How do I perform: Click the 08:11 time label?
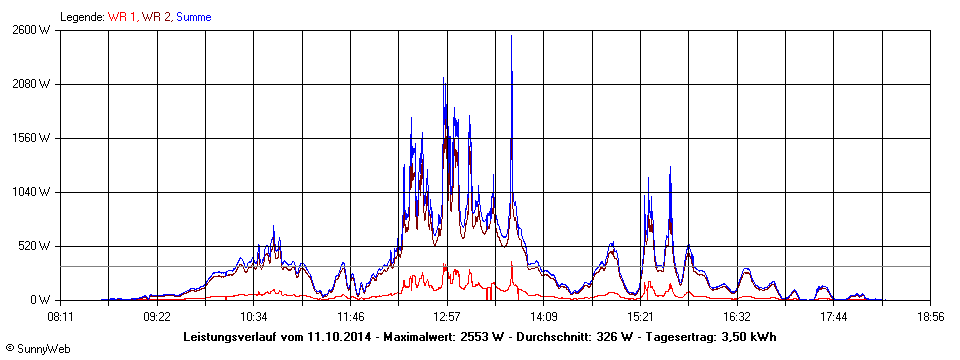click(x=61, y=316)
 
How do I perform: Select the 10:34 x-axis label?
click(x=254, y=316)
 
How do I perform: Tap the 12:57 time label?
click(x=447, y=316)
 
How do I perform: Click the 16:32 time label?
click(x=737, y=316)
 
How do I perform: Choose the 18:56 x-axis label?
click(x=931, y=316)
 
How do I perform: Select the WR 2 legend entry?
click(x=156, y=16)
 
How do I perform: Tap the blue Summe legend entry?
click(x=195, y=16)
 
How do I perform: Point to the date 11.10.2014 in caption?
click(x=338, y=337)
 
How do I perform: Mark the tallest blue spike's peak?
click(x=511, y=36)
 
